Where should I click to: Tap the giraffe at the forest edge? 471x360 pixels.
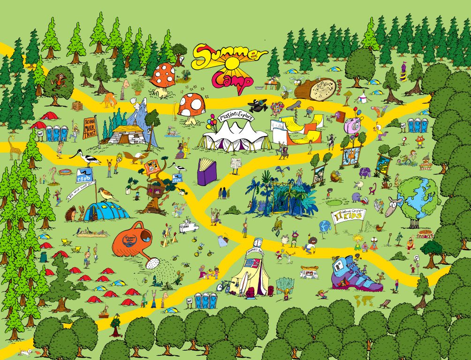tap(14, 147)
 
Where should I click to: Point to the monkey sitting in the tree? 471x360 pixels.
tap(58, 80)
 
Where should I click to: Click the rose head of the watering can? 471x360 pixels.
tap(152, 264)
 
